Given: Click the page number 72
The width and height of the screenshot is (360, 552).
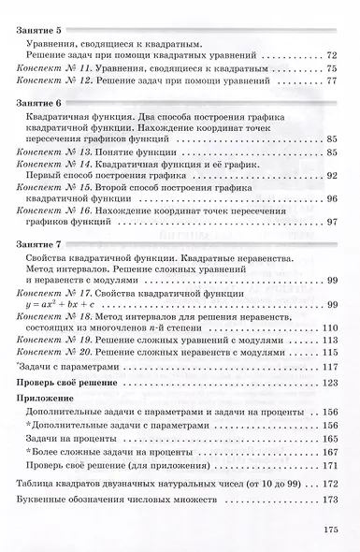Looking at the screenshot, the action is [329, 57].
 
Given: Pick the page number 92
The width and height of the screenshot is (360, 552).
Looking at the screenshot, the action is [329, 175].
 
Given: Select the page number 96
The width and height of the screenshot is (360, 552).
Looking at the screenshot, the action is [329, 198].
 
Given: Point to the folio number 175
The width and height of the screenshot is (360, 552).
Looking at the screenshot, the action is [328, 530].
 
